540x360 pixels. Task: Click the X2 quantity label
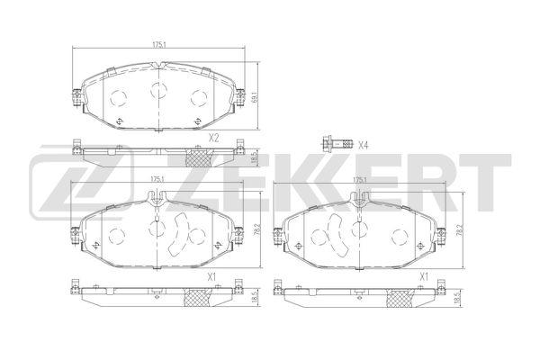coord(214,138)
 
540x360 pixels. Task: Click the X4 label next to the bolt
coord(364,144)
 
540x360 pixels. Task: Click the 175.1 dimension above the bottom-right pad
coord(360,180)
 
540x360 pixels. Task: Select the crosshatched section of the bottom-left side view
coord(199,299)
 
